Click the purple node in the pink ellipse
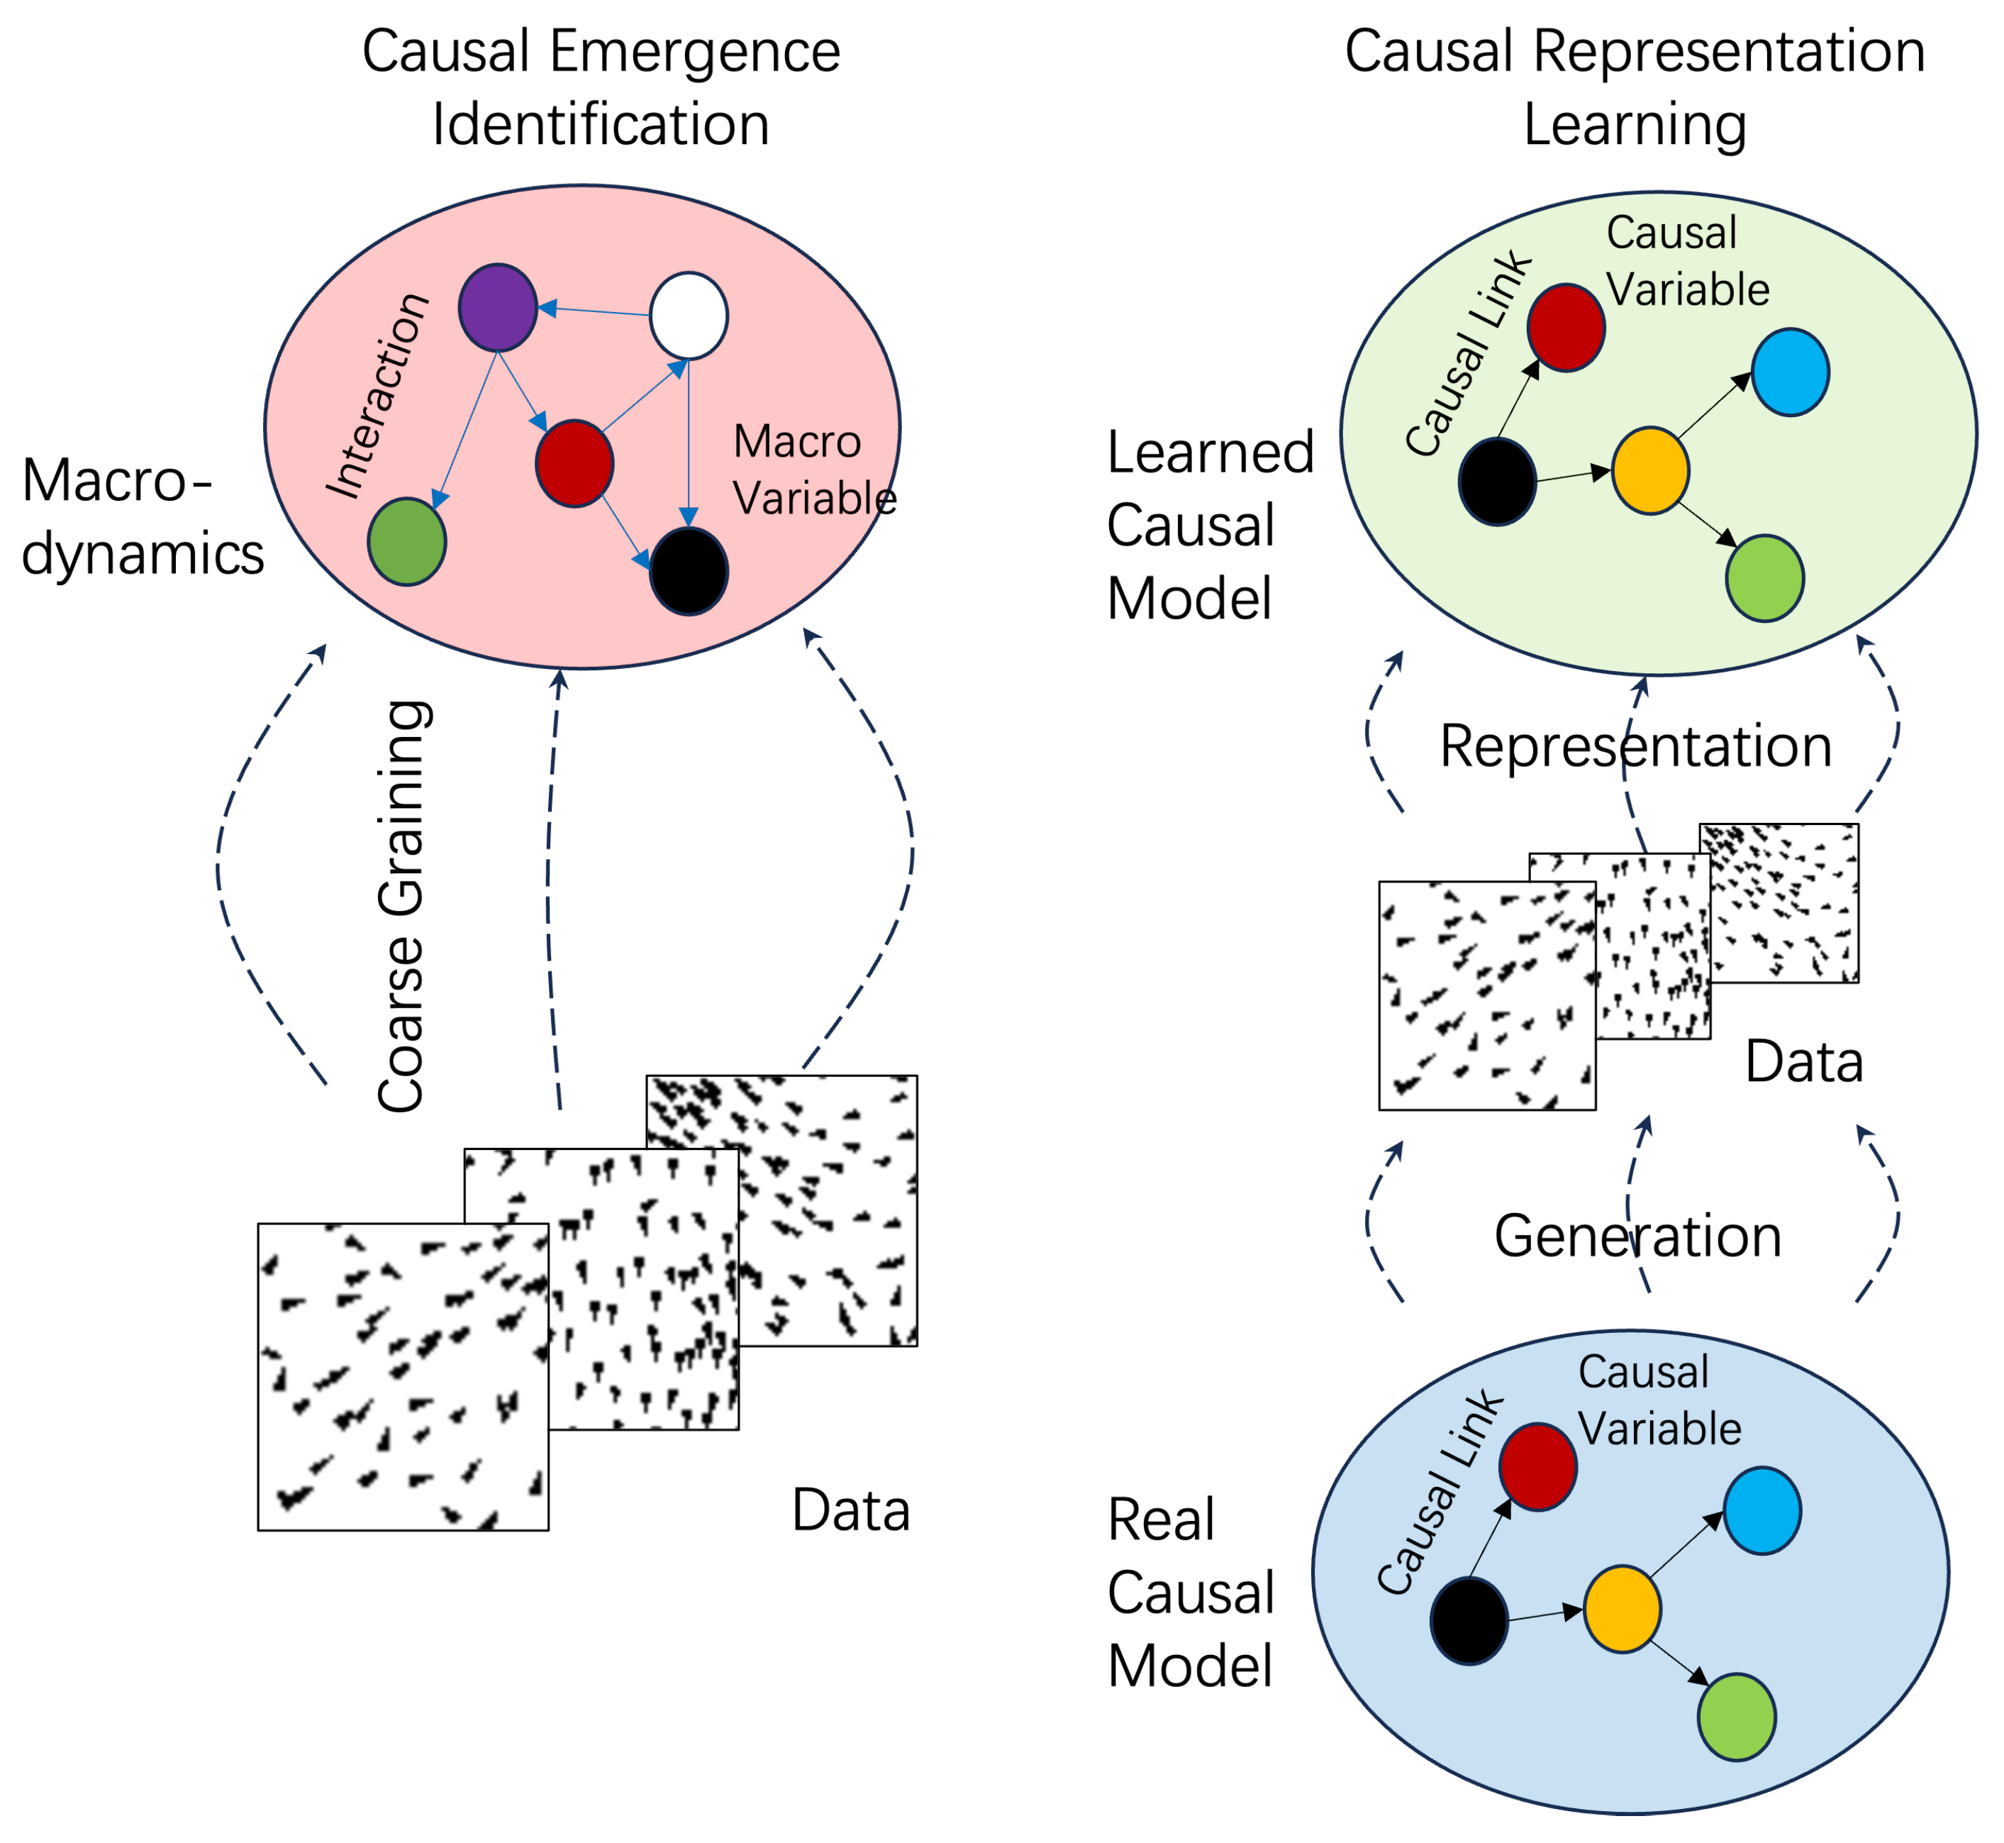tap(498, 307)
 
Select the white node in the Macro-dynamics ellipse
tap(688, 315)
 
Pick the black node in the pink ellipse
tap(688, 570)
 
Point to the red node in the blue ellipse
tap(1537, 1467)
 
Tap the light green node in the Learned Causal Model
tap(1764, 577)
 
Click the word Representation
tap(1635, 746)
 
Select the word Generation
tap(1637, 1236)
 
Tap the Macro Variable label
tap(813, 469)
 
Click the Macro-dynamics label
tap(142, 516)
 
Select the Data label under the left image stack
tap(850, 1510)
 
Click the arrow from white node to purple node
tap(594, 311)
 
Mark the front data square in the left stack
tap(402, 1376)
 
